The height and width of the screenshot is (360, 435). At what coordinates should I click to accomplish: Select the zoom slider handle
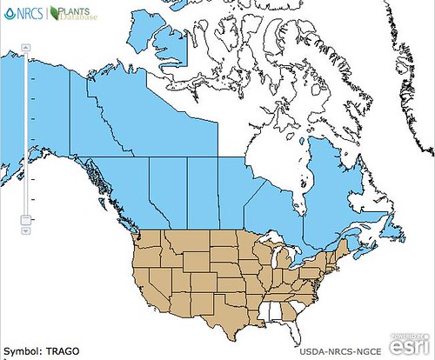tap(25, 219)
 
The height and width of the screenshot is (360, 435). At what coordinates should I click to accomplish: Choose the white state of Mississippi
tap(263, 319)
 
